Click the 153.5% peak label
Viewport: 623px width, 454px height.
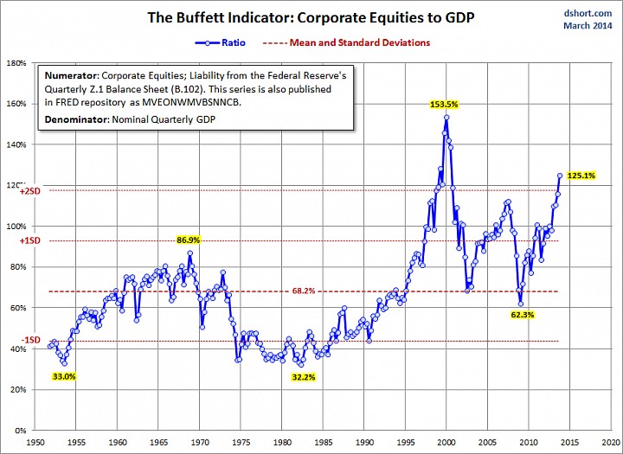point(443,104)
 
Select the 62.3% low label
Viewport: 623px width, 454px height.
point(523,316)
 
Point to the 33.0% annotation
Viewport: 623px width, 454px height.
point(64,377)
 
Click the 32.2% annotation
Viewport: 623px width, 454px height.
point(304,378)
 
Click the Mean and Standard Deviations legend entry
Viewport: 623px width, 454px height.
point(336,42)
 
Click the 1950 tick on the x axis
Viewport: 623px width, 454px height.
point(36,439)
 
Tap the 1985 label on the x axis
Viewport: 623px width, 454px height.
point(323,439)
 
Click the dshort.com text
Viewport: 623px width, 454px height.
point(588,15)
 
